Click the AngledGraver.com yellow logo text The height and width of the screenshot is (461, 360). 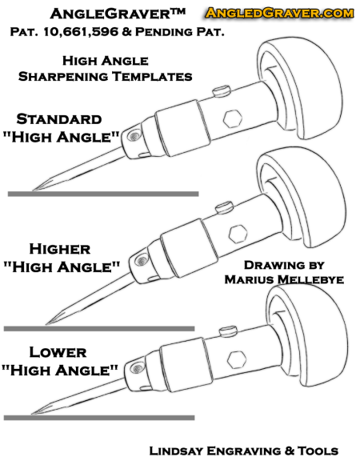279,13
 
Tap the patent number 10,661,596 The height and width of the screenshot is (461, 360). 81,32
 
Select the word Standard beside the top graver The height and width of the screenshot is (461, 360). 59,119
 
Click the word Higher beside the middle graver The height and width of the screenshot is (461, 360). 60,249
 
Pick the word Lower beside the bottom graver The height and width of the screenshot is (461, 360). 58,352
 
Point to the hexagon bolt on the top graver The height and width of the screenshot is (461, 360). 233,118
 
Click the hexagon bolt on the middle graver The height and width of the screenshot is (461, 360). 238,234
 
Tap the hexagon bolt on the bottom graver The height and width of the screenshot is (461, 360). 237,359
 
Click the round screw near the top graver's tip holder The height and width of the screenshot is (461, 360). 134,136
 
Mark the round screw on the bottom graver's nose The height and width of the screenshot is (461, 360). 136,368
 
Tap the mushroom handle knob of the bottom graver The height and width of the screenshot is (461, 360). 307,336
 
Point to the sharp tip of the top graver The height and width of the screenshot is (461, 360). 32,190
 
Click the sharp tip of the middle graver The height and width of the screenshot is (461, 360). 46,324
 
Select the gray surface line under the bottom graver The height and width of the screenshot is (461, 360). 99,418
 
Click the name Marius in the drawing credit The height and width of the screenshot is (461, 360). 249,279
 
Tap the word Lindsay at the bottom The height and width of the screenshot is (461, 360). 176,451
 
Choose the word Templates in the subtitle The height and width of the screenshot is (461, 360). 152,77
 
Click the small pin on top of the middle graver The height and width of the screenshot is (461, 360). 224,207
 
